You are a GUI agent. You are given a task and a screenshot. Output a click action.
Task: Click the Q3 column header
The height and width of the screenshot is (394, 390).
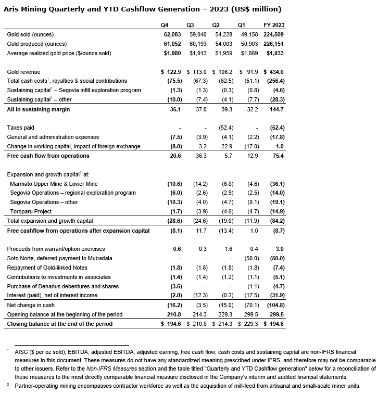pyautogui.click(x=190, y=25)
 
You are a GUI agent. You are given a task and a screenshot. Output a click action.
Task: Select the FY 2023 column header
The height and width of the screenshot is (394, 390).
pyautogui.click(x=274, y=25)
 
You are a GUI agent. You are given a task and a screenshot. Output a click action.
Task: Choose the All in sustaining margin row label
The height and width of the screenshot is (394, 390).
pyautogui.click(x=38, y=109)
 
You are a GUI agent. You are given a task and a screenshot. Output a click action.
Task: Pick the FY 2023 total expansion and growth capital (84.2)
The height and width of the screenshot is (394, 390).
pyautogui.click(x=274, y=221)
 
